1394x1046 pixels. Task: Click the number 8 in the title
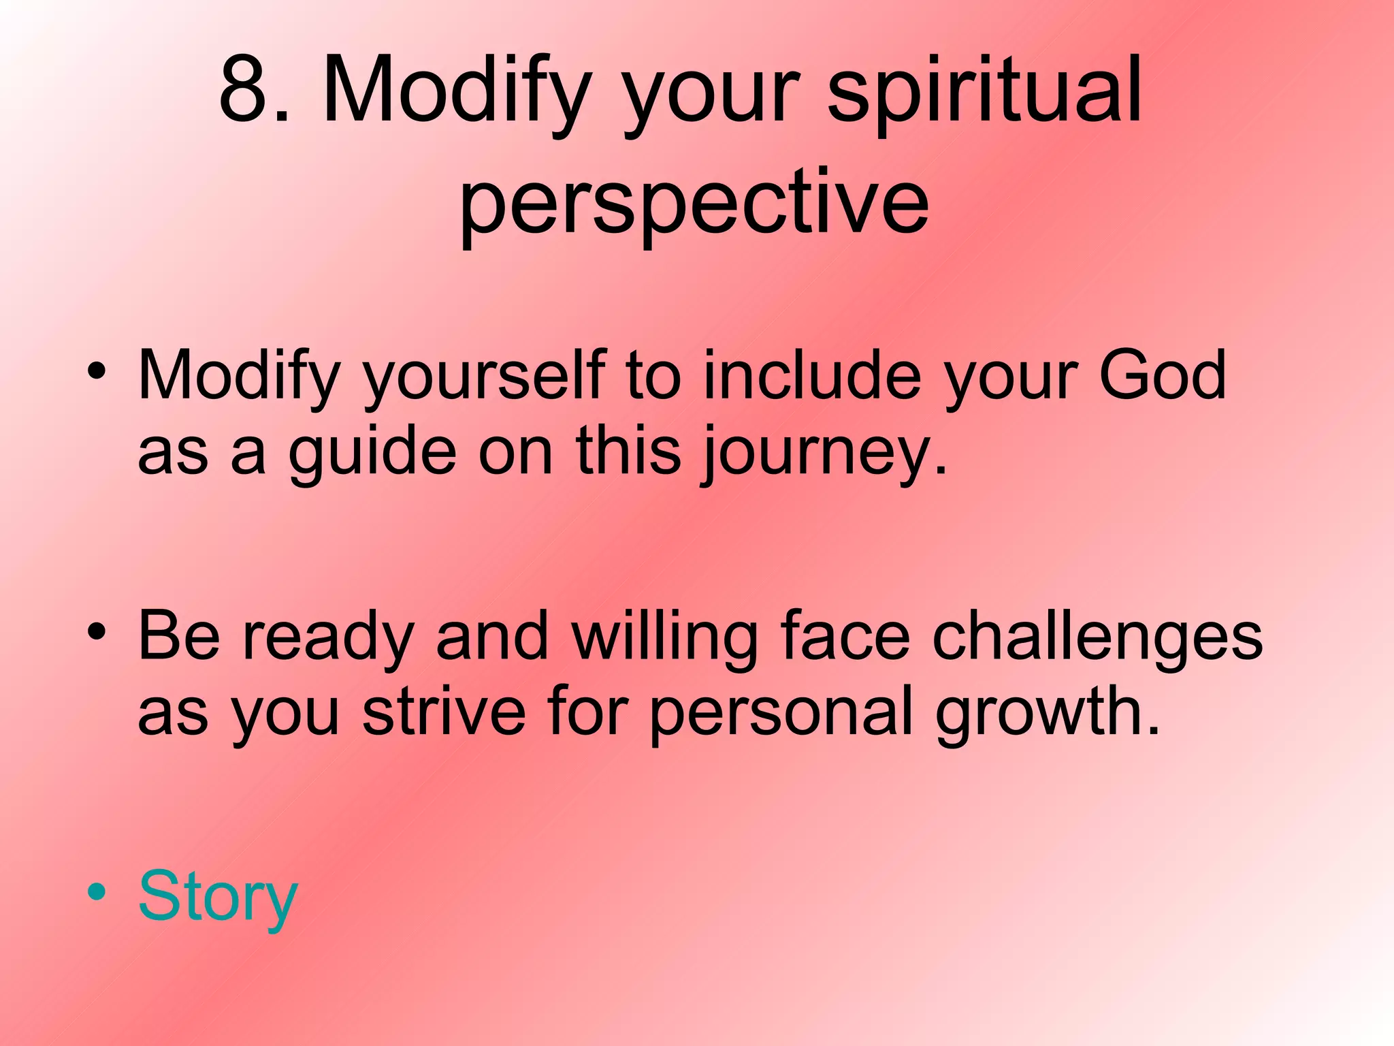point(246,90)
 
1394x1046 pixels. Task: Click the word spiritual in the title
point(984,92)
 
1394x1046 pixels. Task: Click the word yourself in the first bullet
point(483,376)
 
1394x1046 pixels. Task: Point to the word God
point(1162,375)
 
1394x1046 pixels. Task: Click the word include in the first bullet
point(813,375)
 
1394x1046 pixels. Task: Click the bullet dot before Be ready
point(97,631)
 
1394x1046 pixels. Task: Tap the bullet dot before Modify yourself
point(97,371)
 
